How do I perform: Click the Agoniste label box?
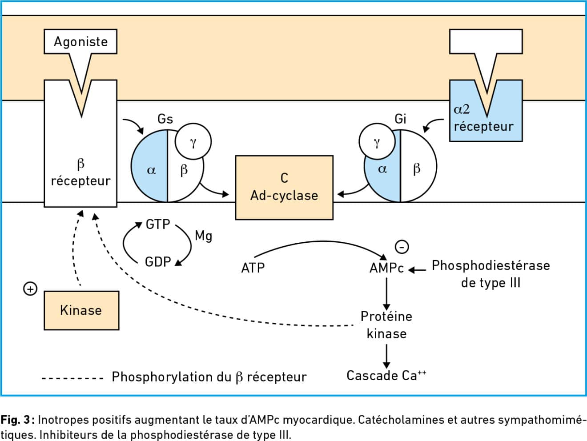pyautogui.click(x=80, y=42)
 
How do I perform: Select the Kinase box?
pyautogui.click(x=81, y=311)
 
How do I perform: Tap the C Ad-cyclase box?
pyautogui.click(x=284, y=188)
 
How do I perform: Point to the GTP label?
pyautogui.click(x=158, y=224)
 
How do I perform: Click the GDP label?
pyautogui.click(x=158, y=262)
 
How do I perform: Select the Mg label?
pyautogui.click(x=204, y=236)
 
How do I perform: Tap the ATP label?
pyautogui.click(x=253, y=268)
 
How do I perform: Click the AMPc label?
pyautogui.click(x=386, y=268)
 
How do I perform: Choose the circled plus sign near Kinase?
pyautogui.click(x=30, y=289)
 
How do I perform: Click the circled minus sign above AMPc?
pyautogui.click(x=402, y=247)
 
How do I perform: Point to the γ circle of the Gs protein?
pyautogui.click(x=193, y=141)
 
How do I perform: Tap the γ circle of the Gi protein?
pyautogui.click(x=377, y=141)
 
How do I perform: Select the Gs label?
pyautogui.click(x=165, y=119)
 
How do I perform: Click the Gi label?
pyautogui.click(x=400, y=119)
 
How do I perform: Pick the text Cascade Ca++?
pyautogui.click(x=386, y=376)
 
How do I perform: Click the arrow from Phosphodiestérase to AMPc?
pyautogui.click(x=417, y=270)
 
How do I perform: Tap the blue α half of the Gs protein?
pyautogui.click(x=149, y=166)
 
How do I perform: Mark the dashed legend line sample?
pyautogui.click(x=72, y=378)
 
